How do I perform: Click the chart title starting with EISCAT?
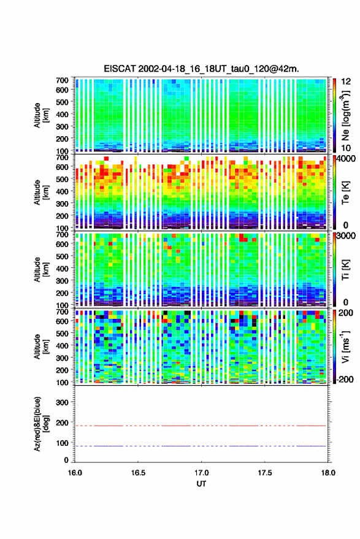(202, 69)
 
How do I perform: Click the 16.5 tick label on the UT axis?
(138, 473)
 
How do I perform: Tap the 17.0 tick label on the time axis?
(201, 473)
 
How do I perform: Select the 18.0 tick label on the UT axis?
(328, 473)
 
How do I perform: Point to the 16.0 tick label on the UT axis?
(75, 473)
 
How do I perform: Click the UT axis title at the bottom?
(201, 484)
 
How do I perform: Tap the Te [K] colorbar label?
(345, 193)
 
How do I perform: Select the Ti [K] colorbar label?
(345, 270)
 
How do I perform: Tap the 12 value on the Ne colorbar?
(347, 82)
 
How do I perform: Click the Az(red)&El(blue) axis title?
(41, 424)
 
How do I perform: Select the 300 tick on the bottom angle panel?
(62, 402)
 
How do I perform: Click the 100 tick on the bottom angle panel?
(62, 443)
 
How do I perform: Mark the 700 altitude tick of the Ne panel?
(62, 80)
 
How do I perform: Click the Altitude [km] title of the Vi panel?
(41, 346)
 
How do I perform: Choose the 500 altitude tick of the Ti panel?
(62, 256)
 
